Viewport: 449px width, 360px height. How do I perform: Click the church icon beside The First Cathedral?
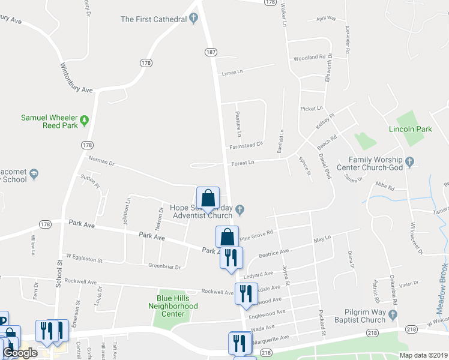pyautogui.click(x=193, y=19)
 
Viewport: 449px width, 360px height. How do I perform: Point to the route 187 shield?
pyautogui.click(x=210, y=52)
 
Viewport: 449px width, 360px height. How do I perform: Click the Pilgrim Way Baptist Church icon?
pyautogui.click(x=394, y=315)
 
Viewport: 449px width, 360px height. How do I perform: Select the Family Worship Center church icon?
pyautogui.click(x=410, y=161)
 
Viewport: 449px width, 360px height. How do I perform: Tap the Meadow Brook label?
pyautogui.click(x=442, y=287)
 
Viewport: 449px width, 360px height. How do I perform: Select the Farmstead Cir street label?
pyautogui.click(x=246, y=145)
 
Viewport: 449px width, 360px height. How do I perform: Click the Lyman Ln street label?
pyautogui.click(x=232, y=73)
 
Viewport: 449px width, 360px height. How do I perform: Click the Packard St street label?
pyautogui.click(x=323, y=325)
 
